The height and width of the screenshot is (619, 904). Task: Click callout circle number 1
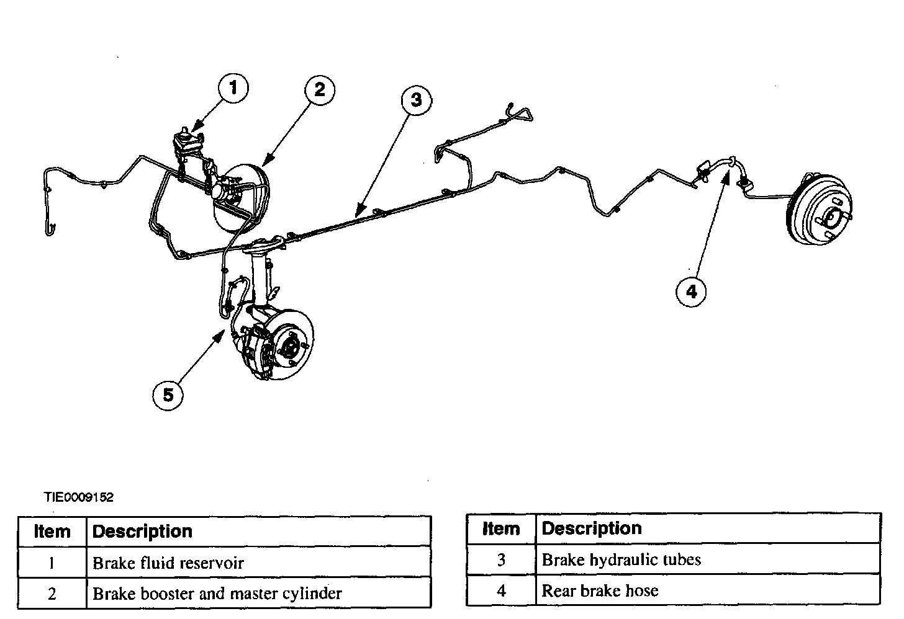click(233, 88)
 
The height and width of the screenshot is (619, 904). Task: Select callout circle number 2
click(319, 90)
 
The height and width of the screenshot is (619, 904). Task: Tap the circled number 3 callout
click(416, 100)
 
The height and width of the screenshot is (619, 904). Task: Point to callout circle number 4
click(692, 290)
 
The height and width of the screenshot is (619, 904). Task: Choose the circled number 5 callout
click(168, 394)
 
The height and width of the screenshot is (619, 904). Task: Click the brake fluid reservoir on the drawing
click(186, 140)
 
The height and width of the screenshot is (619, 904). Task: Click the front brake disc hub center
click(289, 345)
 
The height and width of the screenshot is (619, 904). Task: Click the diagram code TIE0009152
click(78, 497)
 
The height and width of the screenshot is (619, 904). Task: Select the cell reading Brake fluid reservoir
click(168, 563)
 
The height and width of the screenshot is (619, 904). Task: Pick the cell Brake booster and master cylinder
click(217, 594)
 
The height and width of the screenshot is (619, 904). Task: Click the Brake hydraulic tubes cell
click(621, 559)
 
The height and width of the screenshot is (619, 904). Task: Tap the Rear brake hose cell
click(600, 590)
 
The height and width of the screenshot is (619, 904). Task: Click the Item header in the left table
click(52, 532)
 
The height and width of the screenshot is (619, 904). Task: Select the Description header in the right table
click(592, 528)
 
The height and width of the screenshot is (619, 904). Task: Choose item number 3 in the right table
click(501, 559)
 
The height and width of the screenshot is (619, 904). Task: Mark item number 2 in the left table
click(52, 594)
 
